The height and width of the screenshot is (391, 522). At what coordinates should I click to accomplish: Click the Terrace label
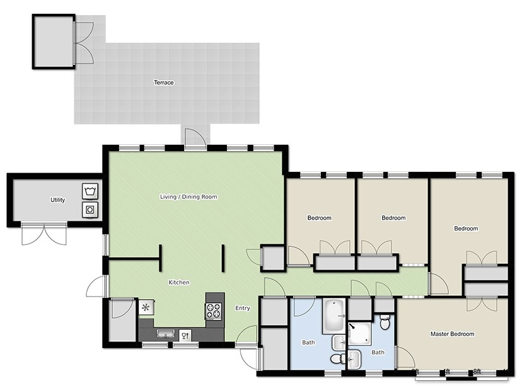(x=163, y=82)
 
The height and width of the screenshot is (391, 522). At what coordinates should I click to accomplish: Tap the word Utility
(x=58, y=200)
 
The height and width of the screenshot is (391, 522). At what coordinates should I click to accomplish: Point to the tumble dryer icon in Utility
(x=89, y=209)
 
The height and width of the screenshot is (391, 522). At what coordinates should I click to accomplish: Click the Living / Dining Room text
(x=188, y=197)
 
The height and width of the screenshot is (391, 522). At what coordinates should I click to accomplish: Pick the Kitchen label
(x=179, y=283)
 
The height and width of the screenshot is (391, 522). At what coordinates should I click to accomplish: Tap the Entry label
(x=243, y=308)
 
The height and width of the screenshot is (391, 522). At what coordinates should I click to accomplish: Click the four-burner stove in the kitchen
(x=214, y=310)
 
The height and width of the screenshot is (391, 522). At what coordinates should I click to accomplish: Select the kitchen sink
(x=166, y=334)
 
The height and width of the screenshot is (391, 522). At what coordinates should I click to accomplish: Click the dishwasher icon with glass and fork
(x=185, y=334)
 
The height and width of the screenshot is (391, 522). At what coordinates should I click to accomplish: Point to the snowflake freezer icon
(x=146, y=308)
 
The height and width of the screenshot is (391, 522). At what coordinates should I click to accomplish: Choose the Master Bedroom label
(x=452, y=334)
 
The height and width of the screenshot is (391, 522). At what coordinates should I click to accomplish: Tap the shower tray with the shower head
(x=359, y=334)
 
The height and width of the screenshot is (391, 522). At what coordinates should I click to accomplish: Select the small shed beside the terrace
(x=53, y=42)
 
